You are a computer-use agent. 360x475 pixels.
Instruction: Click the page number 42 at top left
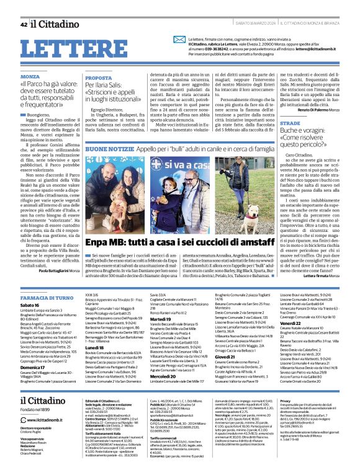click(24, 25)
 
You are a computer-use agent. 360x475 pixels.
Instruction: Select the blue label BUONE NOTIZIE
click(108, 149)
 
